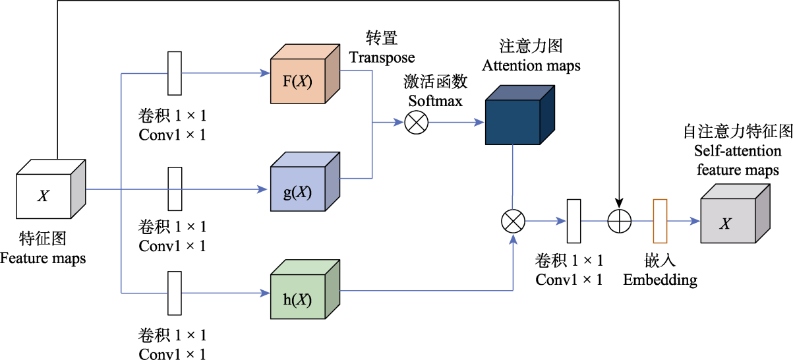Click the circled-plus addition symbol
pos(619,222)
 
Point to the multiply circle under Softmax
pos(417,123)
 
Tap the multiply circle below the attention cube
pos(513,222)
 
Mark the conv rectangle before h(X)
pos(175,293)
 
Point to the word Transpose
pos(382,57)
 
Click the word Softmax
pos(435,102)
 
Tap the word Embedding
pos(661,280)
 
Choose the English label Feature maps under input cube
pos(43,258)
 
